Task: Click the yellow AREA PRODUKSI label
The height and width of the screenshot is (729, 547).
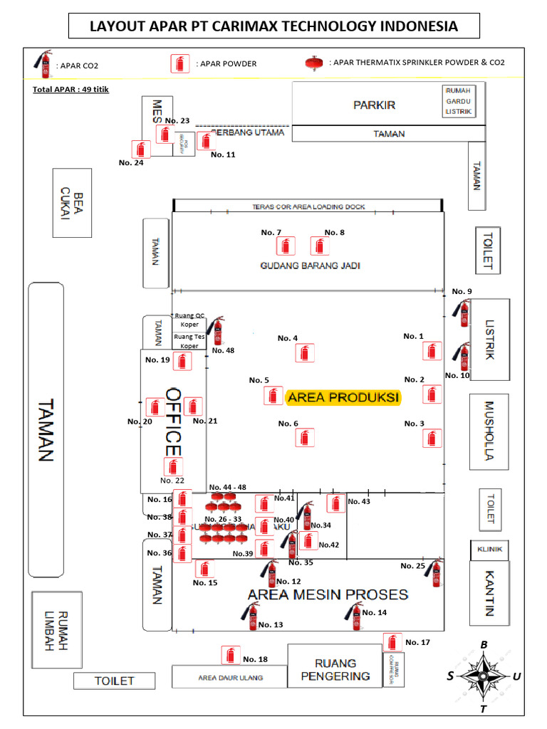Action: coord(343,397)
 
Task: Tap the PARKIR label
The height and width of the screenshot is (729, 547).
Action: coord(374,105)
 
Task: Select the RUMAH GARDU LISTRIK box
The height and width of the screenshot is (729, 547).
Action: coord(458,101)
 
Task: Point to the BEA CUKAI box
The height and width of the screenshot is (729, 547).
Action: coord(72,203)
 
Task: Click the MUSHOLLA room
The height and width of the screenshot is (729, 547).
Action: coord(489,432)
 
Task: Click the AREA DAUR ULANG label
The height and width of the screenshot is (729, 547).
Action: coord(230,678)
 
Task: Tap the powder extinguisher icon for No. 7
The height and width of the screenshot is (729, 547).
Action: coord(286,246)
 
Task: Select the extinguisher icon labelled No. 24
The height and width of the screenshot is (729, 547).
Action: coord(141,150)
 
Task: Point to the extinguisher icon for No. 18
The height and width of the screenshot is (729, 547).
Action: coord(229,655)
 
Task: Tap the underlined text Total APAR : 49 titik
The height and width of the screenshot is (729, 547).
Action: coord(71,90)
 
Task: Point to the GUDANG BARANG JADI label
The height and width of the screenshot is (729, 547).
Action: coord(310,266)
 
